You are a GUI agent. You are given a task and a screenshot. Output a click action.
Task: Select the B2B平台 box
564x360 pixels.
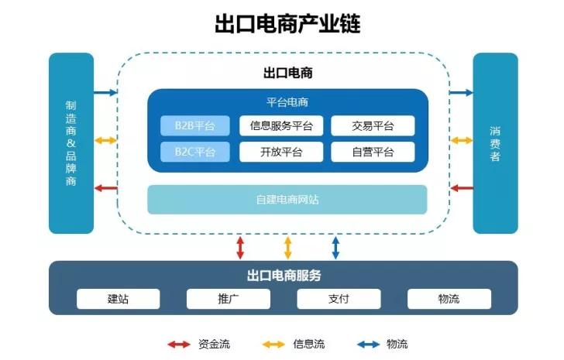click(x=188, y=125)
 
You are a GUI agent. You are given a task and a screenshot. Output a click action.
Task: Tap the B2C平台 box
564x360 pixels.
click(x=188, y=151)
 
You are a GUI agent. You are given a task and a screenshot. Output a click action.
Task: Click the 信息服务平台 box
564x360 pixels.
click(x=281, y=125)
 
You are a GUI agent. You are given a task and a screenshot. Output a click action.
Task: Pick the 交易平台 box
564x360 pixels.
click(x=373, y=125)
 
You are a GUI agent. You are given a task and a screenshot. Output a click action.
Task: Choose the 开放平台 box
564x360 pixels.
click(x=281, y=151)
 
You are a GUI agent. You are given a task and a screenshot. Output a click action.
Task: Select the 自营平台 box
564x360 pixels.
click(x=373, y=151)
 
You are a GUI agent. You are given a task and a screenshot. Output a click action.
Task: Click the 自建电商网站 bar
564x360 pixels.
click(x=287, y=200)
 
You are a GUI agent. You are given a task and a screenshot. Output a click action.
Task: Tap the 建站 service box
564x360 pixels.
click(x=118, y=299)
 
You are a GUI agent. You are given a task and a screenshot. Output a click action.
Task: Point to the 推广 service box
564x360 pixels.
click(x=228, y=299)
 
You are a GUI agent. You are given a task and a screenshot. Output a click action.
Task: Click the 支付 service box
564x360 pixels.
click(x=339, y=299)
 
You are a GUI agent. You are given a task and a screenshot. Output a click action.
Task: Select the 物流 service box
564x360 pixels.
click(x=449, y=299)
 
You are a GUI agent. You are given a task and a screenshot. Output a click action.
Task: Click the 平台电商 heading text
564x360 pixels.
click(x=287, y=101)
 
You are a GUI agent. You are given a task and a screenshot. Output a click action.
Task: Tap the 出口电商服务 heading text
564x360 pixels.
click(x=284, y=276)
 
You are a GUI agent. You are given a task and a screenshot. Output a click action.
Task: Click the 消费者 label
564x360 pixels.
click(x=494, y=143)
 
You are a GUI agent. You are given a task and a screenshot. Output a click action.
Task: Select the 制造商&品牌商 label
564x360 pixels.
click(x=70, y=143)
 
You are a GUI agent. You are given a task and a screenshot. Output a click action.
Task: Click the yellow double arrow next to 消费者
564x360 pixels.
click(x=462, y=140)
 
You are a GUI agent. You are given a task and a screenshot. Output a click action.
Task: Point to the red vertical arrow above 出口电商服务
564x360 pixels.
click(x=240, y=247)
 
